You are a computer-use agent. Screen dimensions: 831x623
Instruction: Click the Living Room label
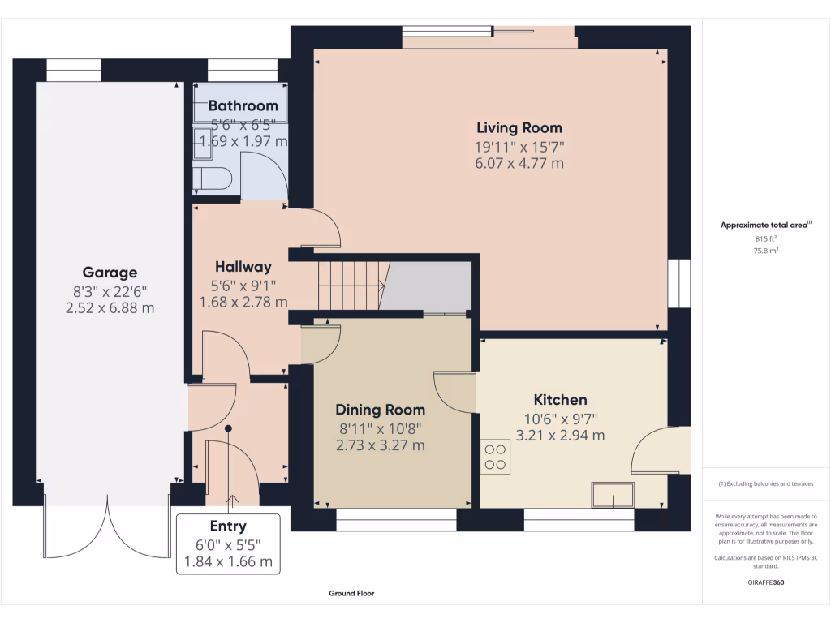click(519, 127)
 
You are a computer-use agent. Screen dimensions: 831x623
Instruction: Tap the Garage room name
click(110, 273)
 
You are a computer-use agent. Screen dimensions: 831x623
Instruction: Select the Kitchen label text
click(560, 399)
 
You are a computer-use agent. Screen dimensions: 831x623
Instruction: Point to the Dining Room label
click(380, 410)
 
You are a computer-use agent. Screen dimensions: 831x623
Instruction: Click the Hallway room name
click(243, 266)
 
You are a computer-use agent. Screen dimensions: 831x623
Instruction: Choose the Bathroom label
click(243, 105)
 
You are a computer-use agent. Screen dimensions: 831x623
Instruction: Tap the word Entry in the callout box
click(228, 526)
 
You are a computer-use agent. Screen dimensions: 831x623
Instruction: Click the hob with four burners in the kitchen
click(495, 458)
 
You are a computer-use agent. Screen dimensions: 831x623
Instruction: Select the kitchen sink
click(614, 495)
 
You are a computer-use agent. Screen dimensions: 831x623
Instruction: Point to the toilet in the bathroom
click(212, 178)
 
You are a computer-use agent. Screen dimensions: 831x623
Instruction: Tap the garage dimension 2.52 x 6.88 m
click(110, 307)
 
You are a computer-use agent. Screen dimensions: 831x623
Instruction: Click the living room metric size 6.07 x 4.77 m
click(519, 163)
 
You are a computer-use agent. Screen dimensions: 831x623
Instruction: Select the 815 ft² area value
click(766, 239)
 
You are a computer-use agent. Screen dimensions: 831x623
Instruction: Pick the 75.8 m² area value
click(766, 251)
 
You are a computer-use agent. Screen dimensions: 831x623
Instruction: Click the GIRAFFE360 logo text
click(766, 582)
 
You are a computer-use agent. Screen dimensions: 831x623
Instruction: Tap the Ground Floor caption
click(351, 593)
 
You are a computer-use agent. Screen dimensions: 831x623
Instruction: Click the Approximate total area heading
click(765, 225)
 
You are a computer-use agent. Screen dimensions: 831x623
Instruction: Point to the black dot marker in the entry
click(228, 428)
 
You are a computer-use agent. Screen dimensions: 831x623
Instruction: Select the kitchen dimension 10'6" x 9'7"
click(560, 419)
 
